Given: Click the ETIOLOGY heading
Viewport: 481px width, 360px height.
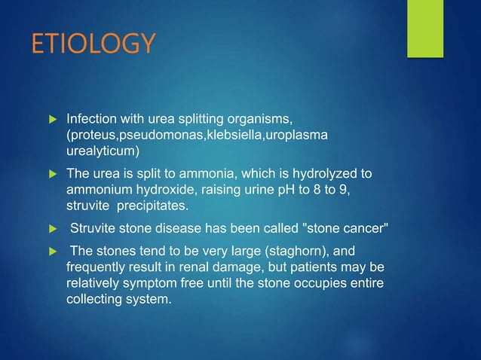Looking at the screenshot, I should (93, 43).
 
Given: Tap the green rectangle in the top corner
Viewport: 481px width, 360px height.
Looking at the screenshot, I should (424, 28).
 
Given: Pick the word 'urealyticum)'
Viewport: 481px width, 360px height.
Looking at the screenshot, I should (100, 150).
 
